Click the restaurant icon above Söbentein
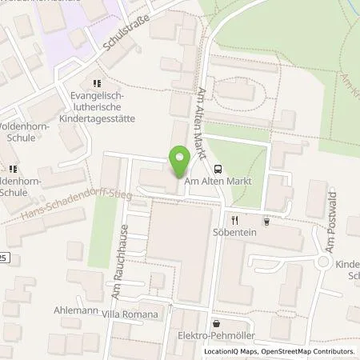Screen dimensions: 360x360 [235, 219]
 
